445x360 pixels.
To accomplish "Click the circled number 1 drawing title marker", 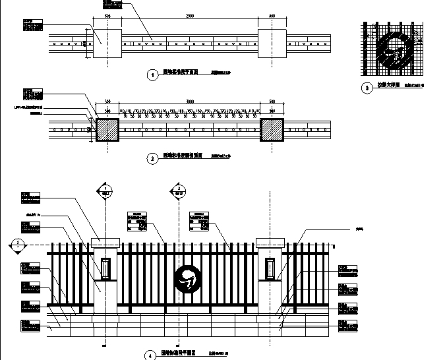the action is (153, 75).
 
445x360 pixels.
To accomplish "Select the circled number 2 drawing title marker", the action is (153, 159).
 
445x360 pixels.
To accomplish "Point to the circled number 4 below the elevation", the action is (149, 355).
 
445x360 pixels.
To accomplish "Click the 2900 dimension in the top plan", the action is (190, 15).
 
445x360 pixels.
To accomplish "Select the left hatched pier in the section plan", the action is (107, 129).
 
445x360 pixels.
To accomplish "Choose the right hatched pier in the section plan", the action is (272, 129).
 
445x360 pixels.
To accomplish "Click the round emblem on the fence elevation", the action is (187, 279).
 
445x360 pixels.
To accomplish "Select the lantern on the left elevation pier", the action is (105, 268).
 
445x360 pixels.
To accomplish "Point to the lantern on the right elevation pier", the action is (269, 268).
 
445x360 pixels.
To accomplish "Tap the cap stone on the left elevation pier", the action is (105, 242).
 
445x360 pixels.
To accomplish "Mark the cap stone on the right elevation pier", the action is (269, 242).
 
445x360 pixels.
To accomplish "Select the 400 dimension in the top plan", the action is (272, 15).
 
